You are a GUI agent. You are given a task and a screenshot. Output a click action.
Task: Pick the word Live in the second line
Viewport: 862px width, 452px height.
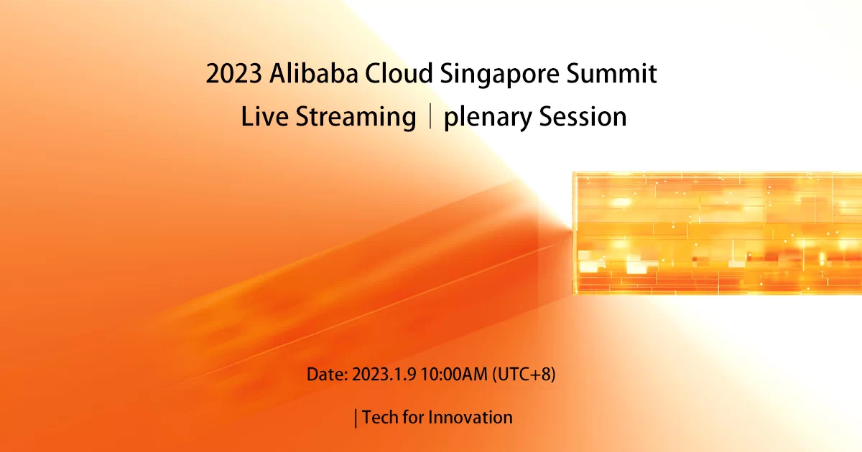coord(265,117)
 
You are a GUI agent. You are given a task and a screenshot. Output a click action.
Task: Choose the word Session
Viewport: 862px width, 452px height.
coord(583,117)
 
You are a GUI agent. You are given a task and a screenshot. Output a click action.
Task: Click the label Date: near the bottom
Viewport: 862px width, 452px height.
coord(328,375)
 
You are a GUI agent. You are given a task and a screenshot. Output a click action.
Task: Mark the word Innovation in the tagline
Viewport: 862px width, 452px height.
coord(471,418)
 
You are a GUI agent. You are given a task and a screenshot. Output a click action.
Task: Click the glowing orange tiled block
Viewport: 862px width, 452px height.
coord(715,233)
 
